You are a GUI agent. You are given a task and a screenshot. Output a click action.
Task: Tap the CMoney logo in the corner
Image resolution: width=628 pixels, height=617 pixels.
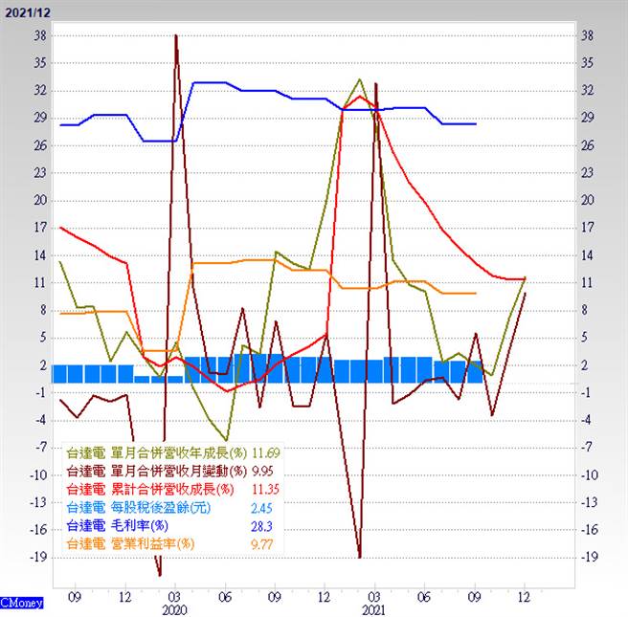pyautogui.click(x=20, y=604)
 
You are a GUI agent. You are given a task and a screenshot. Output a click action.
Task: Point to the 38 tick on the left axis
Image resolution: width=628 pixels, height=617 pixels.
pyautogui.click(x=39, y=35)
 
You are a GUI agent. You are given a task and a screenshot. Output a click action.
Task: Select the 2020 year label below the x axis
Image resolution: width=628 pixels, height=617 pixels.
pyautogui.click(x=175, y=608)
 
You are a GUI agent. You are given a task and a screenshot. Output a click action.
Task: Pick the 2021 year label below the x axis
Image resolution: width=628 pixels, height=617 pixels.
pyautogui.click(x=375, y=608)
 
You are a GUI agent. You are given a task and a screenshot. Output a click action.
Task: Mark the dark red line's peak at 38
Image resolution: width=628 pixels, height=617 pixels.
pyautogui.click(x=176, y=36)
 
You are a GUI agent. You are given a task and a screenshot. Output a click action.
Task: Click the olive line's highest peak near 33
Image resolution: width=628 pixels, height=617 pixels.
pyautogui.click(x=360, y=79)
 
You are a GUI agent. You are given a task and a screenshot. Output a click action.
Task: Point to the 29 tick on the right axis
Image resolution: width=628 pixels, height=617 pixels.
pyautogui.click(x=588, y=118)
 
